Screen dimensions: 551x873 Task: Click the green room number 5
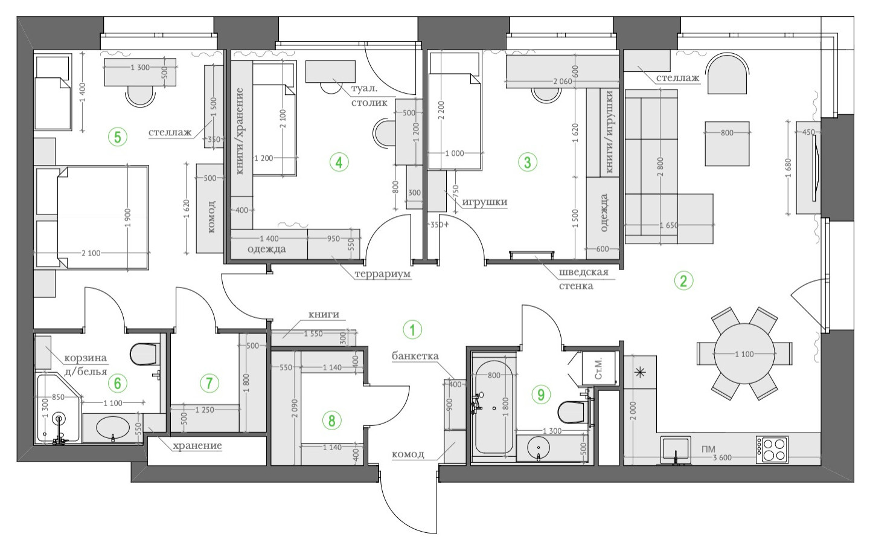point(118,137)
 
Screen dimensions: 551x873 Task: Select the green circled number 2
point(683,280)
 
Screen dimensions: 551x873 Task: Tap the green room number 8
point(331,420)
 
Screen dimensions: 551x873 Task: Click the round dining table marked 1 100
point(744,354)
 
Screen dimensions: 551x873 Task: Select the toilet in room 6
point(144,354)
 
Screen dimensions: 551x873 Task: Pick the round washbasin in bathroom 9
point(538,448)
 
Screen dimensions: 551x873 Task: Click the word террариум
point(383,274)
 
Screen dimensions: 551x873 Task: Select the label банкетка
point(415,356)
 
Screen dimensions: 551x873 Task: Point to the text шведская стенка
point(583,279)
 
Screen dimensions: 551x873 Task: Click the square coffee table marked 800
point(727,144)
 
